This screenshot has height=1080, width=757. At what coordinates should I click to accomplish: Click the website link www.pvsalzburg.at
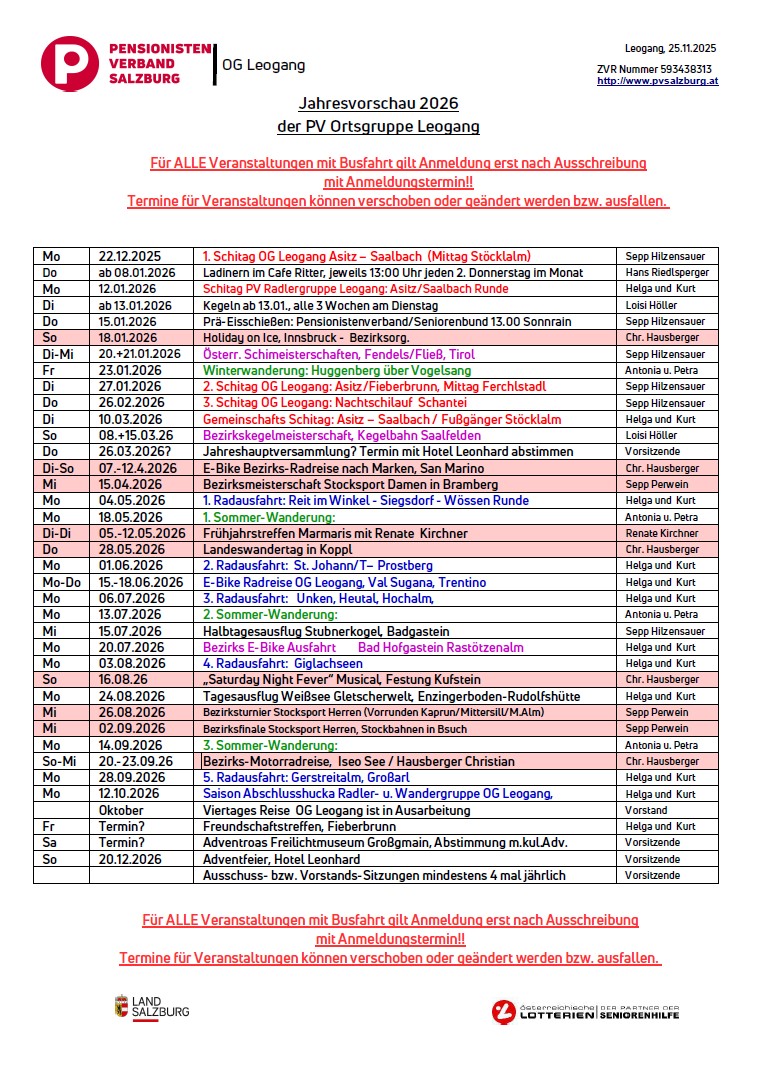point(657,82)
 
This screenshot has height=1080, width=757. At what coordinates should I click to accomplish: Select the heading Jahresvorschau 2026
point(378,103)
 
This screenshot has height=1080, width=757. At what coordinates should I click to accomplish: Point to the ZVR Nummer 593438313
point(654,69)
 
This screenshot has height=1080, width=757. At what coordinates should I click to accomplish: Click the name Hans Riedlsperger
point(666,272)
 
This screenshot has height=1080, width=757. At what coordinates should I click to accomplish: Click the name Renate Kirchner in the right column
point(665,533)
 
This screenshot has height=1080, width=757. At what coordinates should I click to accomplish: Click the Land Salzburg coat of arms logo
point(121,1006)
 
